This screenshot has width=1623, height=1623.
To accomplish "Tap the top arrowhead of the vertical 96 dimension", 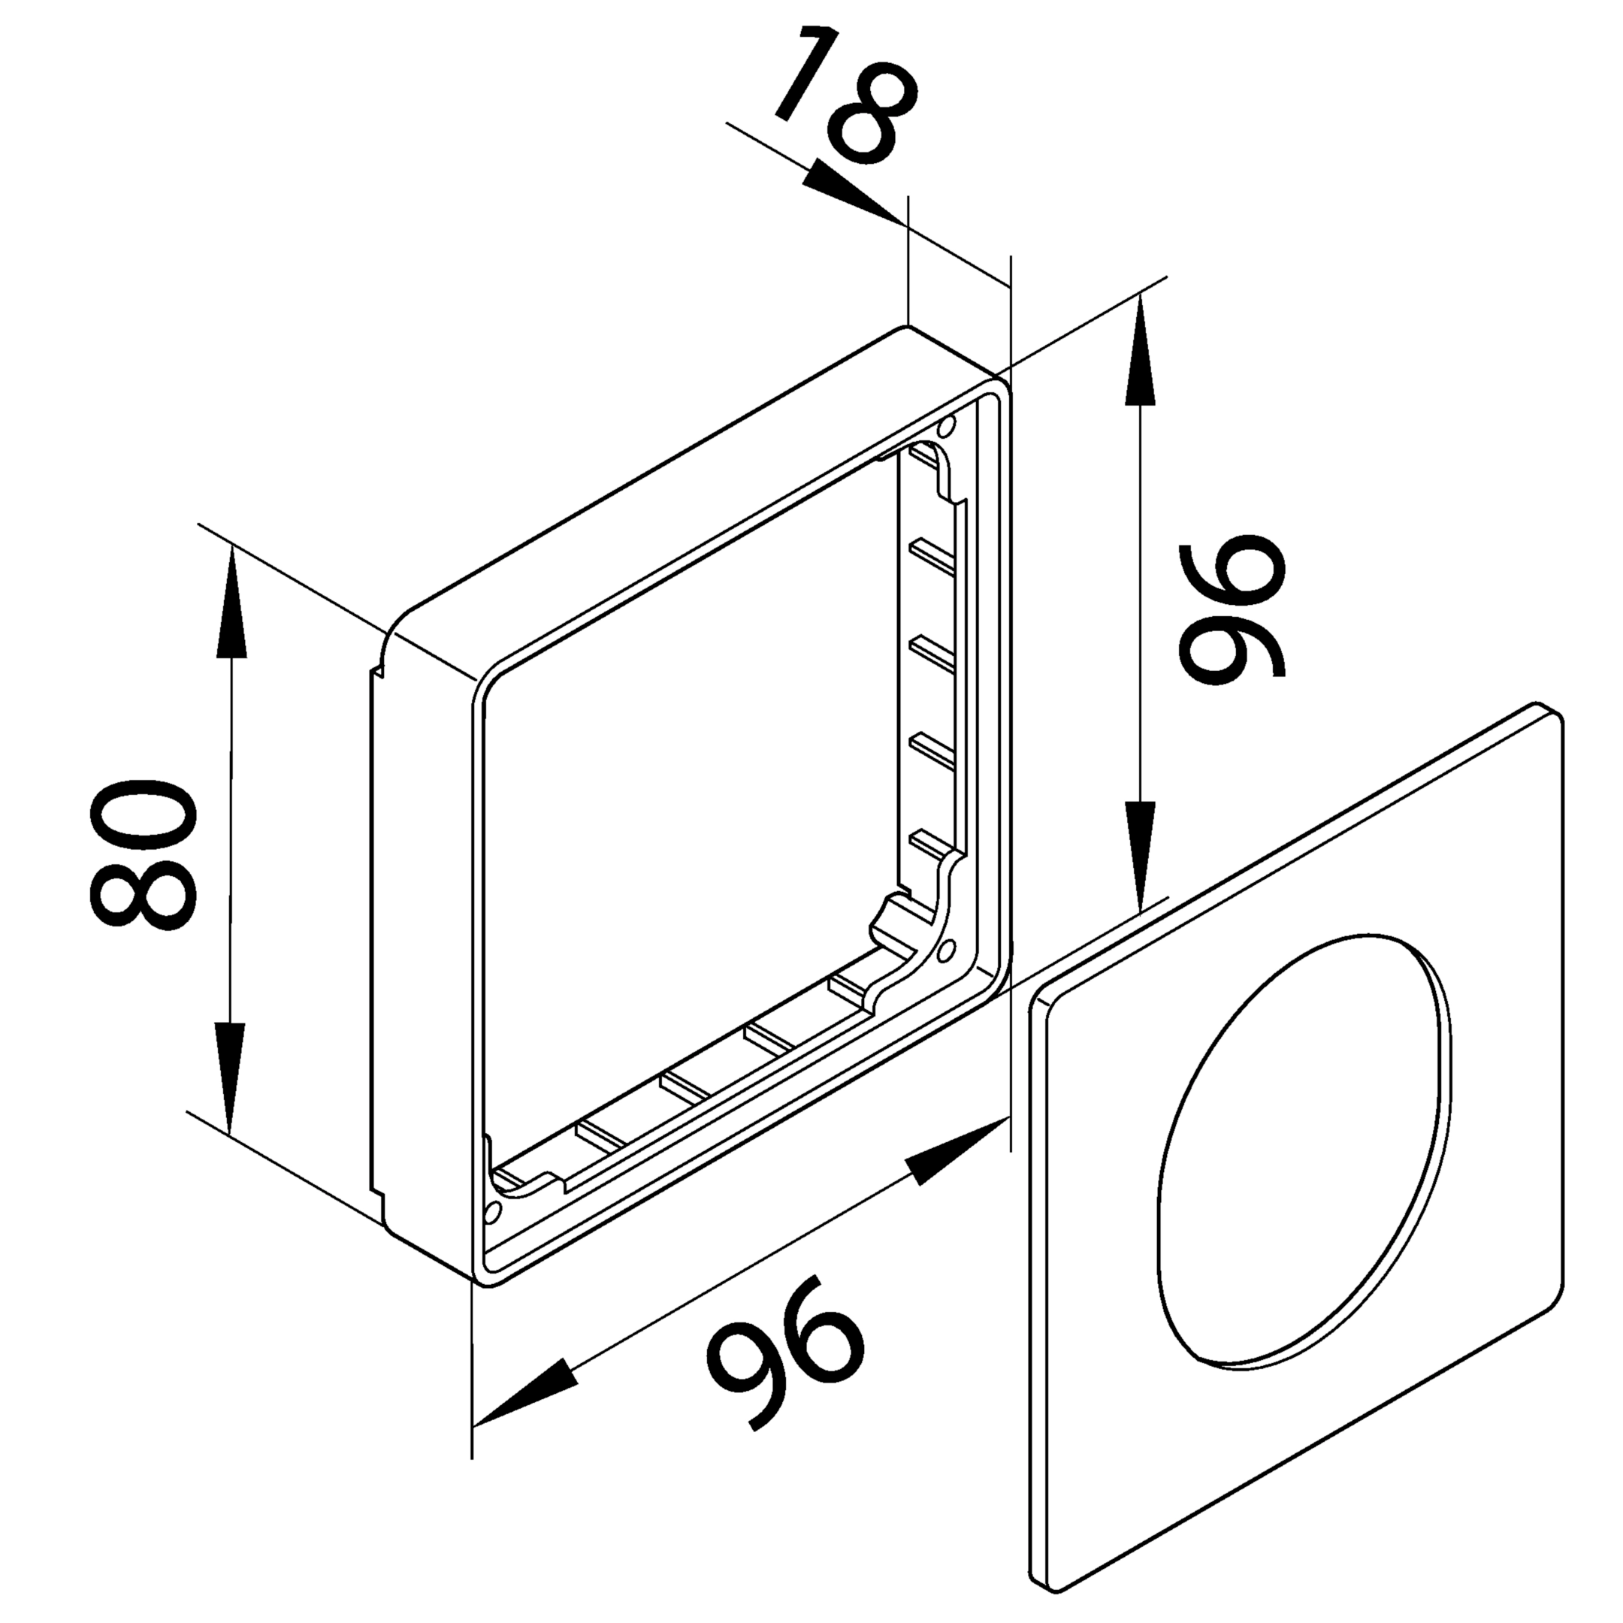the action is [1140, 353].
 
